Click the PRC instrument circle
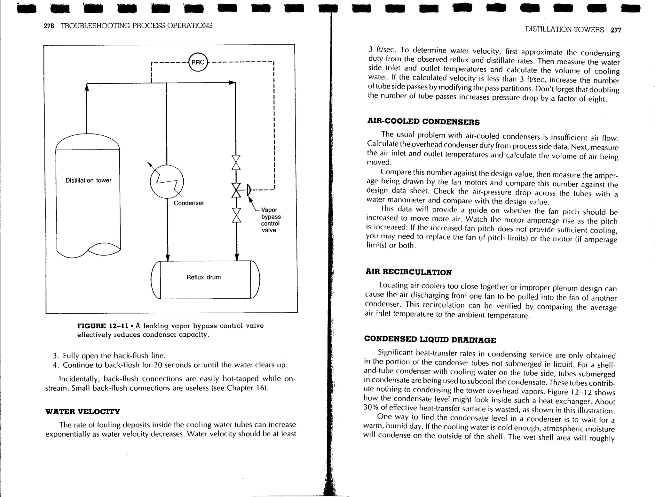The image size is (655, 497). click(198, 62)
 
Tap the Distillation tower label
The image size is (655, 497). click(88, 180)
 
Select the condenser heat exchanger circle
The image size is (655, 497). click(167, 181)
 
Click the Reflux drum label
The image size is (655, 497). click(203, 277)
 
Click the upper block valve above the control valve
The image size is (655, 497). click(236, 163)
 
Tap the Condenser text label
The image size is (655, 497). click(189, 203)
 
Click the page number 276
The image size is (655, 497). click(49, 26)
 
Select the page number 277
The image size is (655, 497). click(616, 30)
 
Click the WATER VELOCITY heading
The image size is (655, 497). click(83, 411)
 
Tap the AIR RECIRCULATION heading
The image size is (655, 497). click(408, 272)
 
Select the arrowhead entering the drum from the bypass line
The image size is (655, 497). click(237, 257)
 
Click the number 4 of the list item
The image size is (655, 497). click(55, 365)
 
